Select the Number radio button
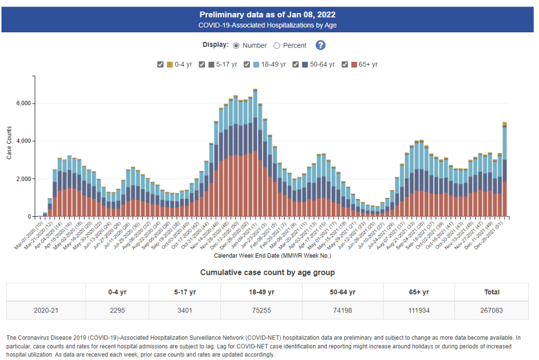(236, 46)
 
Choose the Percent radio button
(277, 46)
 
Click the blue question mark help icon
(321, 45)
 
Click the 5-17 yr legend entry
(218, 65)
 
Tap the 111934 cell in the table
(418, 310)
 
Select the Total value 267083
(492, 310)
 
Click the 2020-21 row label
(46, 310)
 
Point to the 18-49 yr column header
(261, 292)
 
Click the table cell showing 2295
(118, 310)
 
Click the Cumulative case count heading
(267, 272)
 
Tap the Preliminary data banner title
(267, 15)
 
